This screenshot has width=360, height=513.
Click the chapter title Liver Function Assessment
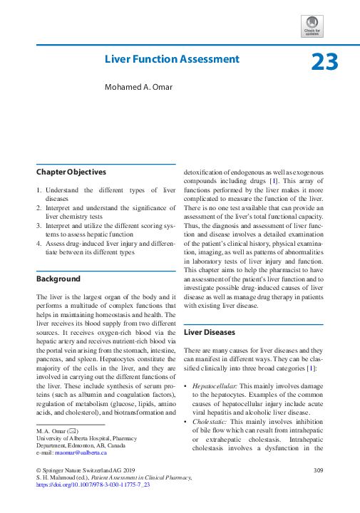coord(172,59)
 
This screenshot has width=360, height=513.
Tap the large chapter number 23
coord(324,63)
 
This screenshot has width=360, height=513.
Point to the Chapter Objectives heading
coord(71,172)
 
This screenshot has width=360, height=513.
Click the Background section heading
coord(58,279)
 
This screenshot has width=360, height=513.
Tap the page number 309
coord(318,470)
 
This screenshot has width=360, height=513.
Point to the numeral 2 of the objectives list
coord(39,207)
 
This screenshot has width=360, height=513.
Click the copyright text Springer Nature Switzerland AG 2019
coord(82,470)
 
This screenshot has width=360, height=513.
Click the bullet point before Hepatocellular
coord(186,385)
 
